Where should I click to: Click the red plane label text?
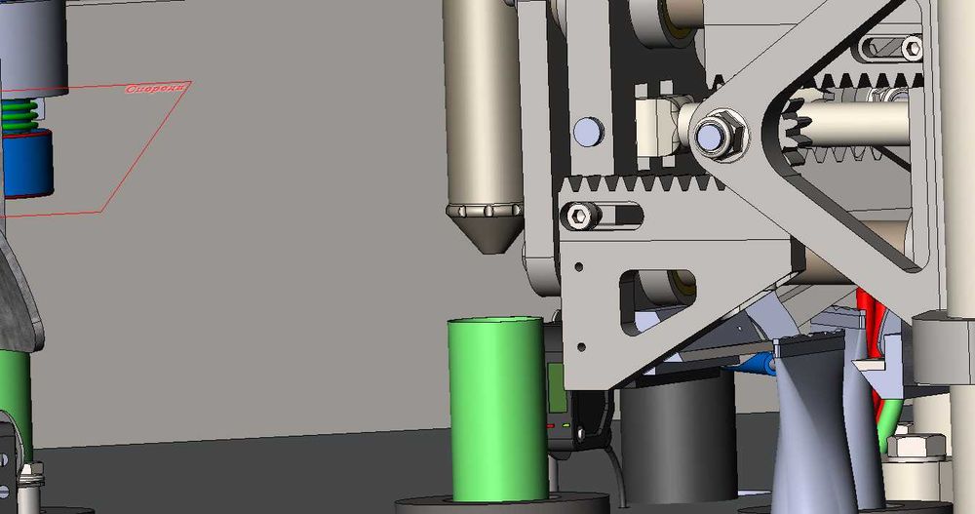[155, 89]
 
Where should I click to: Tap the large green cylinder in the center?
[497, 410]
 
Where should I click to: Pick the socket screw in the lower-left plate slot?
[580, 217]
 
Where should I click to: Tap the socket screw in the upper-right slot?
[911, 47]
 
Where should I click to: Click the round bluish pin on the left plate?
[587, 130]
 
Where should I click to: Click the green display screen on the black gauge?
[557, 385]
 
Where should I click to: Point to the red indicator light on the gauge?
[551, 426]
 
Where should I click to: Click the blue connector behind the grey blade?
[756, 366]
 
